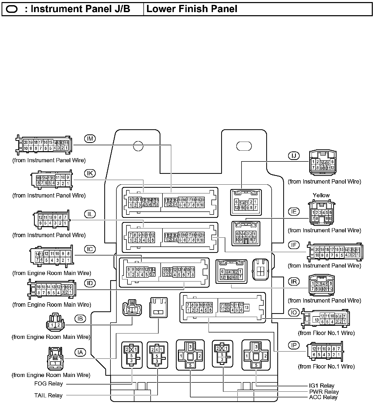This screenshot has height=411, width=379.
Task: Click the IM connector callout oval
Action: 90,139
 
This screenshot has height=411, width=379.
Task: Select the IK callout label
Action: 90,173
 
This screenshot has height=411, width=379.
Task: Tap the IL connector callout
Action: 90,214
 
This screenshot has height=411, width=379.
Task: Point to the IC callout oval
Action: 90,249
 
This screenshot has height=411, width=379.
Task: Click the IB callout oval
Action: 80,319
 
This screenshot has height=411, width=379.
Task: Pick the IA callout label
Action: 80,352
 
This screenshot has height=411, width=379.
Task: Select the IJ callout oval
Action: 294,156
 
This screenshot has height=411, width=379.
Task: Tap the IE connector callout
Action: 294,212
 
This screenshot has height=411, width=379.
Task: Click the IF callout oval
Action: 294,245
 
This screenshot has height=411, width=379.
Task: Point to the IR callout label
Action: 294,282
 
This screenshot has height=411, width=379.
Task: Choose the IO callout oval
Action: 294,313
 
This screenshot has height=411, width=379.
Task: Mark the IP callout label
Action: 294,346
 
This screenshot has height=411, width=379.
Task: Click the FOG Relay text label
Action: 48,384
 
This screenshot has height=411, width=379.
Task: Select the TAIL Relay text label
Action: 48,395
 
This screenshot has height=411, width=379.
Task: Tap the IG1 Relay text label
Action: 322,386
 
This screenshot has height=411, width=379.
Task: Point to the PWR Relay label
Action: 324,392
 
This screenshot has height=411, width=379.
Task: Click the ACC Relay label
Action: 323,397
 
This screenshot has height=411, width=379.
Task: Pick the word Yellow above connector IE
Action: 321,195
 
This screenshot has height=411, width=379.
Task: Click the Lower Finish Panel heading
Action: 192,9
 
